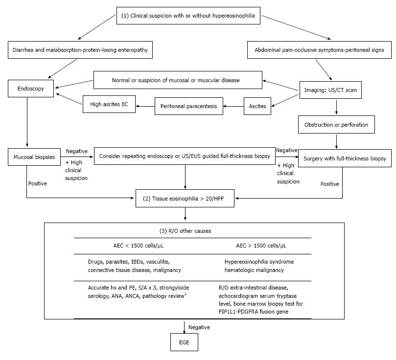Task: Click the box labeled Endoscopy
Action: pos(31,89)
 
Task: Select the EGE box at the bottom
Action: pos(184,342)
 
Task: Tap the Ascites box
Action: pos(257,106)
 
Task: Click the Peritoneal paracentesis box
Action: pos(189,106)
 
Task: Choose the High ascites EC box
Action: pos(109,104)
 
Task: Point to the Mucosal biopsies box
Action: pos(34,157)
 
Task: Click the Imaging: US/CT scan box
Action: pos(330,90)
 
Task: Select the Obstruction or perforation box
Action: pos(336,125)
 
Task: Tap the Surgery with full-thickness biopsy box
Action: pos(345,158)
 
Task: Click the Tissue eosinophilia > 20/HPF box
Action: pos(185,198)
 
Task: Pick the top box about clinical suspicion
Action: pos(188,16)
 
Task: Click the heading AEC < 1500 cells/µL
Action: pos(139,246)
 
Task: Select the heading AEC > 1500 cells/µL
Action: pos(261,246)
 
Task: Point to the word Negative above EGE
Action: pos(199,327)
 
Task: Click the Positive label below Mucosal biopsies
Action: pos(38,183)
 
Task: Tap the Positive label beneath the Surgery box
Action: pos(329,184)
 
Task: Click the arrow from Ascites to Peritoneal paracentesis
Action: pos(233,106)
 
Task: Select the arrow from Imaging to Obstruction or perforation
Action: pos(336,107)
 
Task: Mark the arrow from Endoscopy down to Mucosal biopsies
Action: pos(27,122)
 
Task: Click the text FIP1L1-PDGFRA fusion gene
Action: pos(254,312)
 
